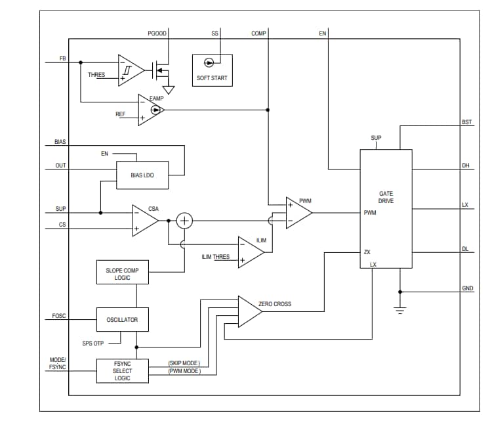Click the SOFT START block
pyautogui.click(x=211, y=70)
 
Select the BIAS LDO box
pyautogui.click(x=142, y=175)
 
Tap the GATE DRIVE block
pyautogui.click(x=386, y=209)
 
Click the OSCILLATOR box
pyautogui.click(x=122, y=320)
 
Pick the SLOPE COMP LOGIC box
pyautogui.click(x=122, y=274)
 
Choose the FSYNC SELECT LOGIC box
pyautogui.click(x=122, y=370)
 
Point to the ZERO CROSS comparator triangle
pyautogui.click(x=249, y=311)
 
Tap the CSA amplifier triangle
pyautogui.click(x=144, y=221)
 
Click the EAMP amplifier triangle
pyautogui.click(x=150, y=110)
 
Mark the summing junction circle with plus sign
pyautogui.click(x=185, y=221)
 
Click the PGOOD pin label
pyautogui.click(x=157, y=33)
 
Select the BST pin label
pyautogui.click(x=466, y=122)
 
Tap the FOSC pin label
pyautogui.click(x=59, y=316)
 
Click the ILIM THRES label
pyautogui.click(x=215, y=256)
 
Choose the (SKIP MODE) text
pyautogui.click(x=184, y=363)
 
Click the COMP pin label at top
pyautogui.click(x=258, y=33)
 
